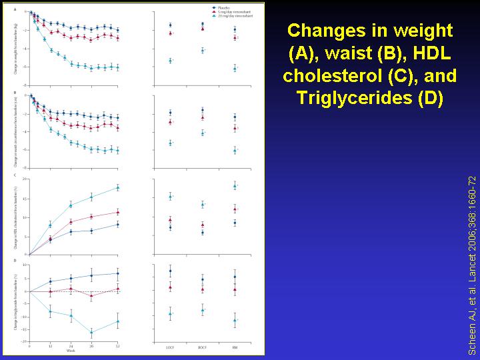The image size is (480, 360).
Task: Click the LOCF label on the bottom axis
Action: pos(170,348)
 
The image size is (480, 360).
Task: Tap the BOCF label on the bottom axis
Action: pos(202,348)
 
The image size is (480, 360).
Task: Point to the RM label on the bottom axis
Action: pos(235,348)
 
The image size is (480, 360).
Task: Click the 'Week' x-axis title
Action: pos(71,351)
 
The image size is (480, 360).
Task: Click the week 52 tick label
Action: pos(118,346)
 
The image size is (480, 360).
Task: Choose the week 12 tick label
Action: pos(51,346)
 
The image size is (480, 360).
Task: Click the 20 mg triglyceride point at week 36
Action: pos(91,331)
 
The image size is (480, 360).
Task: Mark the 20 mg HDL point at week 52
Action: pos(118,187)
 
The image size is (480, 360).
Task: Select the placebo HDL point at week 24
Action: pos(71,232)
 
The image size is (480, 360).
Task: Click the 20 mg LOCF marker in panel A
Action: pos(170,61)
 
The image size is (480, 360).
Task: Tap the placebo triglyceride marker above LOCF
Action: pos(170,271)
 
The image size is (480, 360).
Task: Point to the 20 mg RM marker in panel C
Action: pos(235,185)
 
